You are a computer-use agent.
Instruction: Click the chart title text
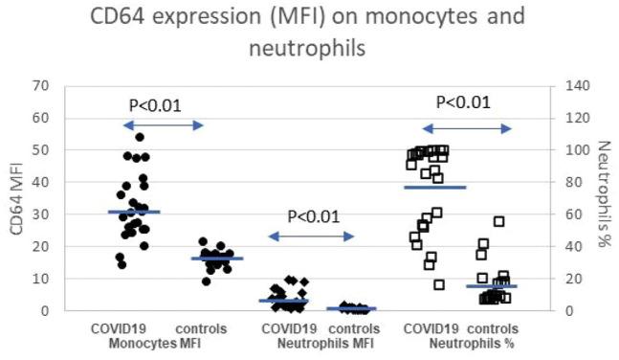click(309, 31)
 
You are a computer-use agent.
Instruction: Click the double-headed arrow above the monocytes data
click(163, 125)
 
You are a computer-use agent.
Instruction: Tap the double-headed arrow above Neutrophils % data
click(468, 128)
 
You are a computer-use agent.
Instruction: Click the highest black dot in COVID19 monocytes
click(140, 137)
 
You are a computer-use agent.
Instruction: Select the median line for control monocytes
click(216, 259)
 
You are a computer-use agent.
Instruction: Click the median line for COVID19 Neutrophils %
click(435, 187)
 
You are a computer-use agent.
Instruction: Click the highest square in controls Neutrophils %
click(498, 221)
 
